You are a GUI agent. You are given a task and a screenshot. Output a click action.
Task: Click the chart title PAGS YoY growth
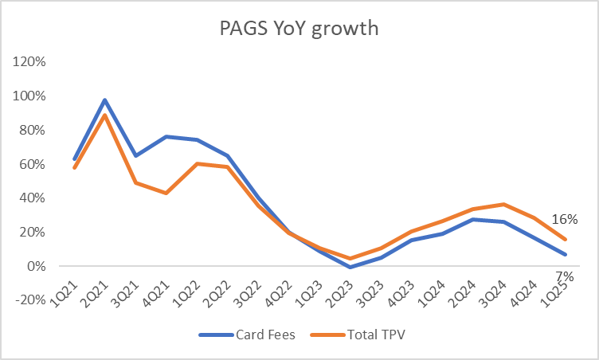[299, 29]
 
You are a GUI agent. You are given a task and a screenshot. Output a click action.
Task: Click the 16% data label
[564, 220]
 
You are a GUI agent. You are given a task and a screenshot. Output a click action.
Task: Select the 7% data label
[564, 276]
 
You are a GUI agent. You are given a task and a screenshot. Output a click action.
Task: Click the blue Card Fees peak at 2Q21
[105, 100]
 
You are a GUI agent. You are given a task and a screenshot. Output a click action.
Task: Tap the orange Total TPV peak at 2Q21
[105, 115]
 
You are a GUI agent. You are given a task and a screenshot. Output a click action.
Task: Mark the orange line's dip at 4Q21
[166, 193]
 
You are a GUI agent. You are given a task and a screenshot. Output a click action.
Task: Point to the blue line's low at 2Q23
[349, 267]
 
